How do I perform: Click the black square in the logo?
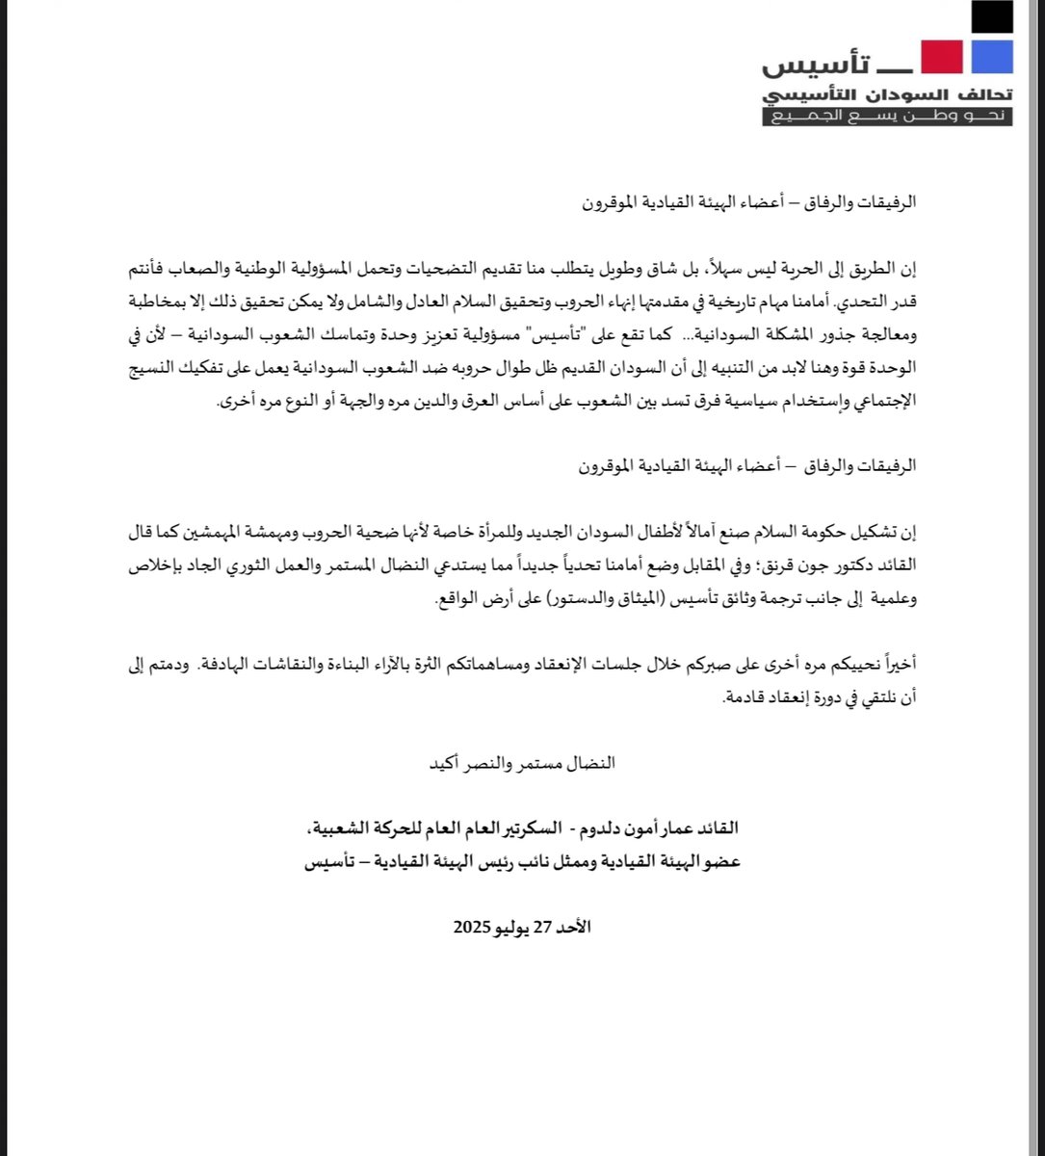[x=992, y=18]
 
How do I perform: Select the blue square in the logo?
[x=992, y=57]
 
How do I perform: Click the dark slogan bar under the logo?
[x=887, y=117]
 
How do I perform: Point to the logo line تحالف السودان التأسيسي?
[x=887, y=95]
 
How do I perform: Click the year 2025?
[x=473, y=928]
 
